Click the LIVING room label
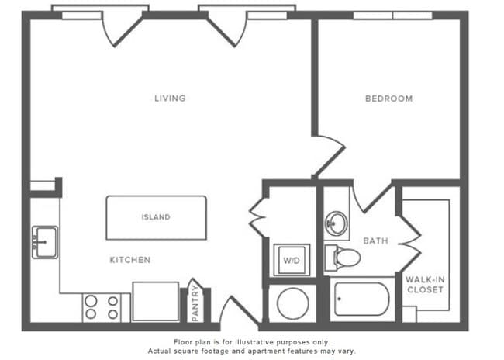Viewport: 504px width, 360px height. pyautogui.click(x=170, y=99)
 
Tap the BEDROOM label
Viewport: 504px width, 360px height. pyautogui.click(x=388, y=99)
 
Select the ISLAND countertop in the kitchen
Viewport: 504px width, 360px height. pyautogui.click(x=156, y=217)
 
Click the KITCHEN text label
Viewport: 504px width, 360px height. pyautogui.click(x=129, y=260)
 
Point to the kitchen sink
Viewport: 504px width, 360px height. pyautogui.click(x=44, y=242)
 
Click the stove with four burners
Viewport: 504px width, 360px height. pyautogui.click(x=102, y=306)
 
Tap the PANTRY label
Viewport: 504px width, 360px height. pyautogui.click(x=195, y=303)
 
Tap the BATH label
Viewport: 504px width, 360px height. pyautogui.click(x=375, y=241)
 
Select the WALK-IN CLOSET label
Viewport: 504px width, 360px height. pyautogui.click(x=424, y=284)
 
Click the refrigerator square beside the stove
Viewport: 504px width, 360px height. pyautogui.click(x=155, y=302)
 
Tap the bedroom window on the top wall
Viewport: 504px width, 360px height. pyautogui.click(x=393, y=14)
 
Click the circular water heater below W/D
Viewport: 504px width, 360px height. pyautogui.click(x=292, y=304)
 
